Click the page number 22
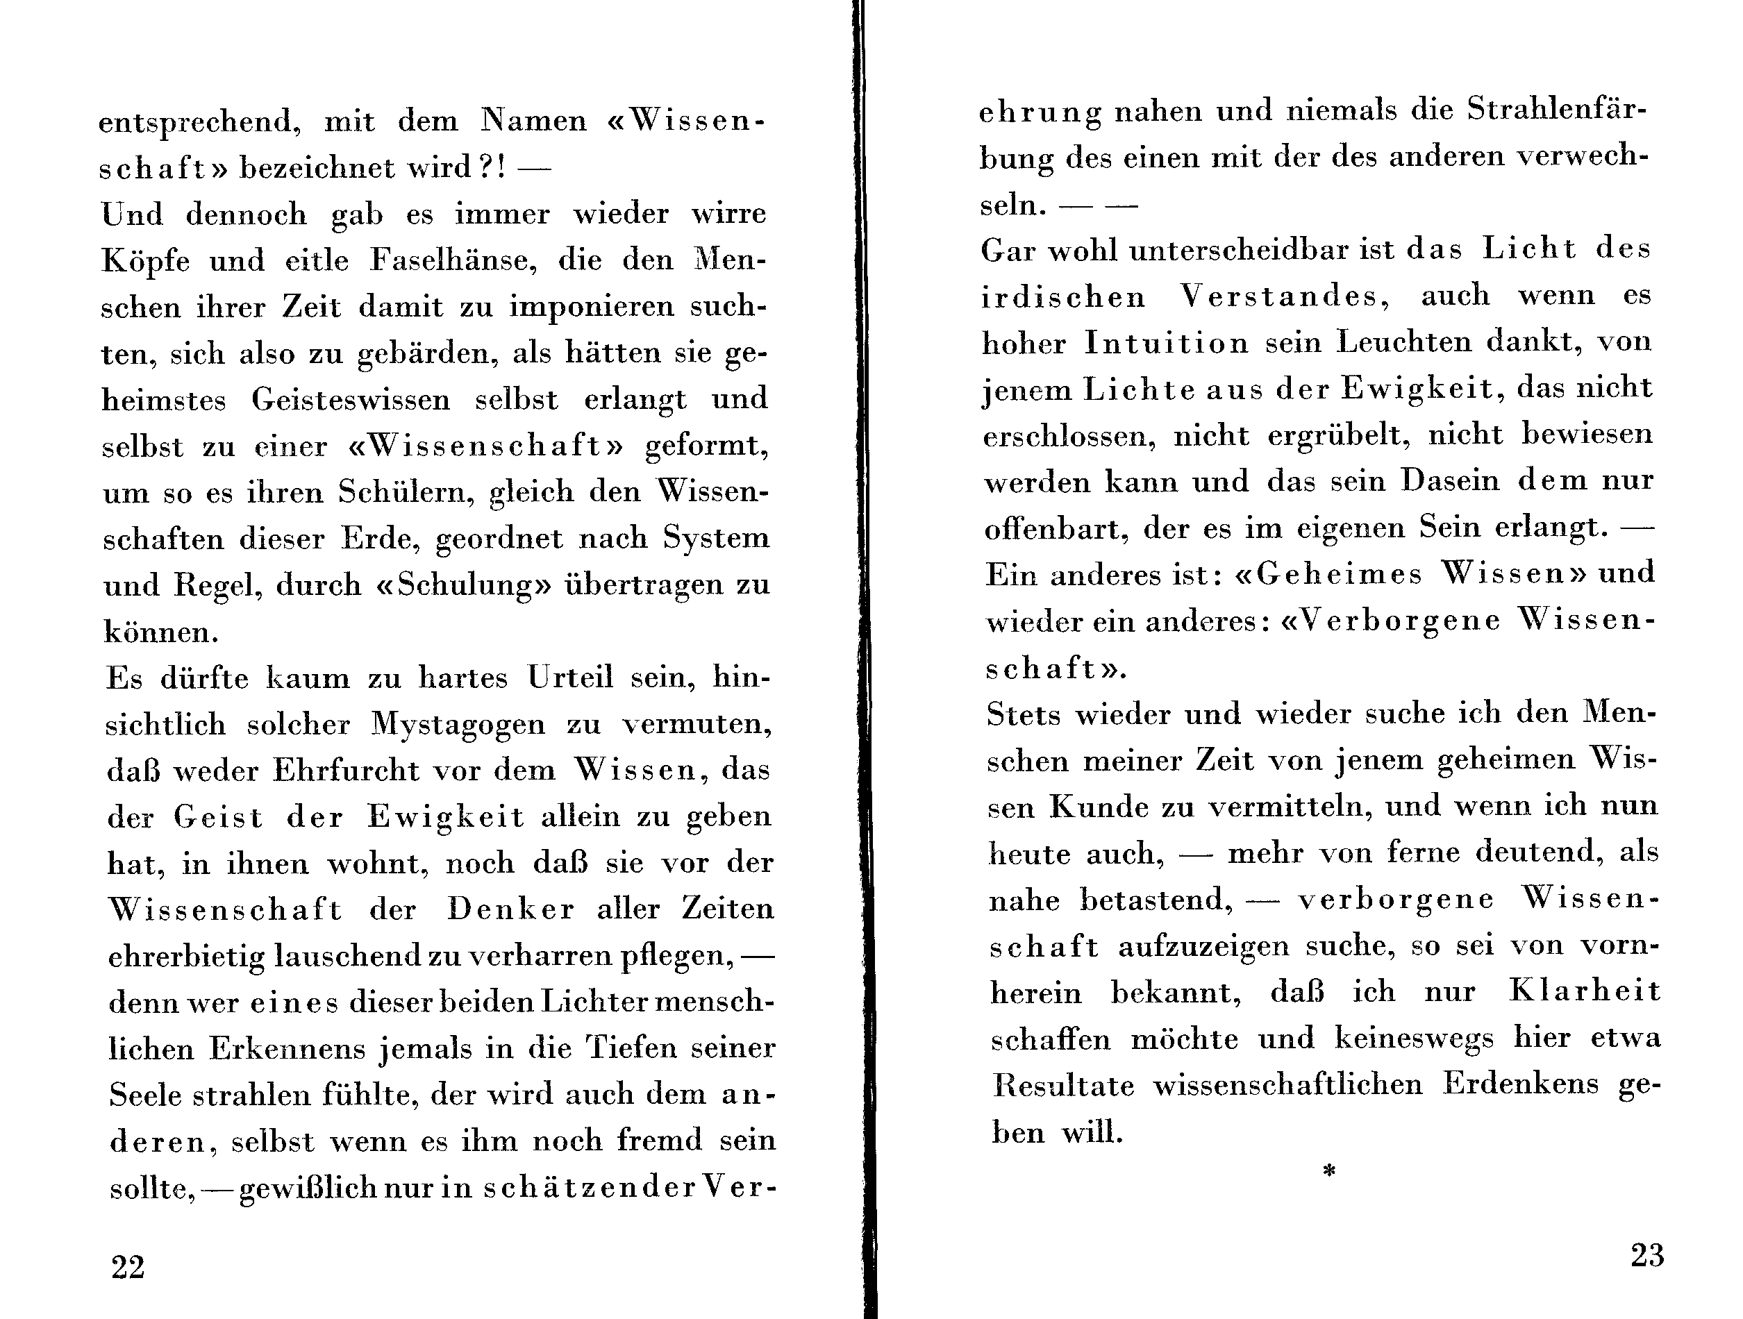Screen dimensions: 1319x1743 tap(128, 1268)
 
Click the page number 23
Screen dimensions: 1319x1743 tap(1647, 1255)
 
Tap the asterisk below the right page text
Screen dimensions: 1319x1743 tap(1329, 1172)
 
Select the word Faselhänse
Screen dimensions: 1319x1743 tap(453, 261)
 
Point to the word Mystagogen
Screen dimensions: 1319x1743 tap(458, 724)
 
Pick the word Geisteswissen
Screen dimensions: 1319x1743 tap(351, 399)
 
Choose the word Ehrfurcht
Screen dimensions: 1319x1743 tap(347, 770)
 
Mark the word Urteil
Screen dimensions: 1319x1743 tap(569, 678)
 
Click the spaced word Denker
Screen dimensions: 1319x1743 tap(511, 909)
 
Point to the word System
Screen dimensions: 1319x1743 tap(715, 538)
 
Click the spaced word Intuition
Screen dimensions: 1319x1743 tap(1166, 343)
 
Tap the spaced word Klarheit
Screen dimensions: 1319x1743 tap(1585, 991)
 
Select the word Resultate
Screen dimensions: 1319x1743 tap(1064, 1086)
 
